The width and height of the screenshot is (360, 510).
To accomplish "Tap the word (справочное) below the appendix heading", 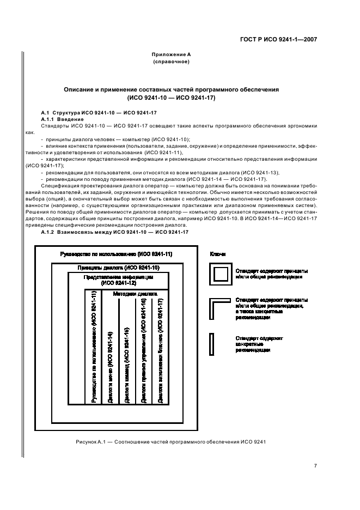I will click(171, 62).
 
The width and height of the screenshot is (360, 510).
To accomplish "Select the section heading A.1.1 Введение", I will click(63, 119).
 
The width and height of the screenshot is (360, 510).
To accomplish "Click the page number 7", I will click(315, 465).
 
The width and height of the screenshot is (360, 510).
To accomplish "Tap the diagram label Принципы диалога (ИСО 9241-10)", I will click(118, 268).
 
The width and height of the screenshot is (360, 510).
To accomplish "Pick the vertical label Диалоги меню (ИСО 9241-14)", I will click(111, 367).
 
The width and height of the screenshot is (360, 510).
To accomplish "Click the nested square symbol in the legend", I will click(221, 274).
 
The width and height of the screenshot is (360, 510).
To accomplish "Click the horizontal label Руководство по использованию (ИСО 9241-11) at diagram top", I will click(115, 254).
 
